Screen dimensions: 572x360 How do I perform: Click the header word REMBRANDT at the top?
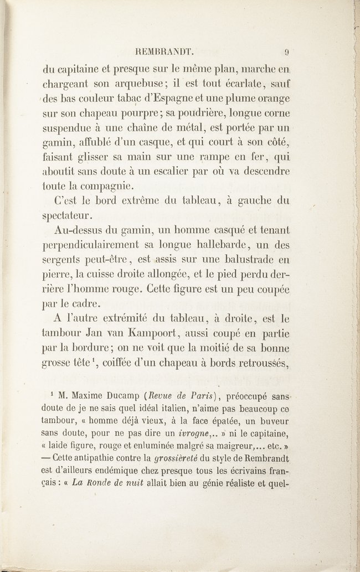(166, 53)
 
